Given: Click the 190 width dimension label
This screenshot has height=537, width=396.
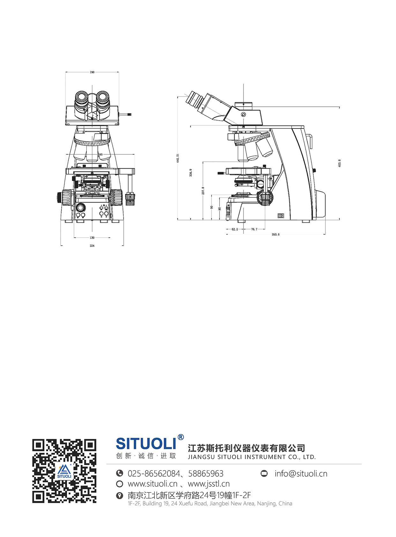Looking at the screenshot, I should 92,72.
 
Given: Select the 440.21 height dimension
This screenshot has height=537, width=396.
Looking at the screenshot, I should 178,158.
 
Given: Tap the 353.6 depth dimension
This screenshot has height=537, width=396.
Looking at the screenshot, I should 275,234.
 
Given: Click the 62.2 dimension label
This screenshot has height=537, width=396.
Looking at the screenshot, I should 235,229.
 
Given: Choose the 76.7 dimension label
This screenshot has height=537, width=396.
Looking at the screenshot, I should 254,229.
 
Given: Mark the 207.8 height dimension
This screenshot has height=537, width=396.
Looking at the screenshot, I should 203,190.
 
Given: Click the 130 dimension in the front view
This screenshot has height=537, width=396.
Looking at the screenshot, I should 92,238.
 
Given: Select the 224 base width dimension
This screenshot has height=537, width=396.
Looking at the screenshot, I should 92,246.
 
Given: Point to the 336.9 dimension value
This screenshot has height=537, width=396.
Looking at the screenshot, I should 191,173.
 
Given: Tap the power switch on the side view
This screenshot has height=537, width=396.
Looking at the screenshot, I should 281,216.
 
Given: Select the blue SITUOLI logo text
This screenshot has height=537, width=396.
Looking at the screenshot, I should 146,444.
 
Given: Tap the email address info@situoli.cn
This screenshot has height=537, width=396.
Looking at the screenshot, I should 301,474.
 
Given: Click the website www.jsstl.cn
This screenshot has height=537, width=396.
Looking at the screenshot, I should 209,484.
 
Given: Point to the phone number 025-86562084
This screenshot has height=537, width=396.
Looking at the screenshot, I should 153,474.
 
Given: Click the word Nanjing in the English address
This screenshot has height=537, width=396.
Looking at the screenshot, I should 266,504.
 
